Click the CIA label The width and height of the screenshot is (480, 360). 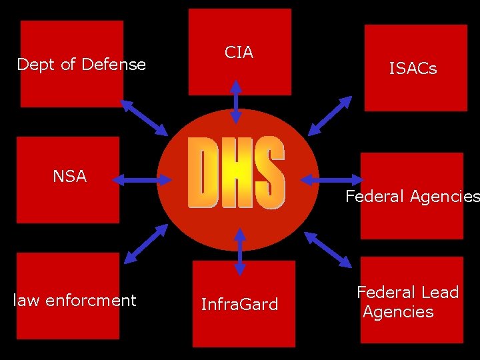239,53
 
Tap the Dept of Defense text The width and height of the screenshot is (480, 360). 81,65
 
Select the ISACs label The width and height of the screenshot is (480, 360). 413,68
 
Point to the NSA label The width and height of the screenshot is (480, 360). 70,176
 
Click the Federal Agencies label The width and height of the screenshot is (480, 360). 412,197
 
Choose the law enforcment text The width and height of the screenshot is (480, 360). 75,301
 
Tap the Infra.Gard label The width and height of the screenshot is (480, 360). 239,305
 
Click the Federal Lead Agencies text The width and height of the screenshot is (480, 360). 407,302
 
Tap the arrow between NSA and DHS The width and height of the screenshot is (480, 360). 142,179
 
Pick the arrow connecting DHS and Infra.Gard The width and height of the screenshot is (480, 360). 240,251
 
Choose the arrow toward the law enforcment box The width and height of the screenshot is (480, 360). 146,243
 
